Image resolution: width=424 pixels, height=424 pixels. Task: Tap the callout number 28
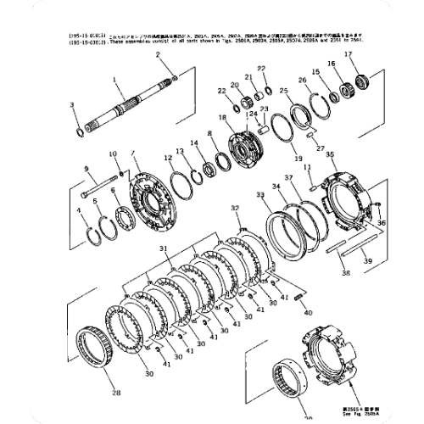point(115,393)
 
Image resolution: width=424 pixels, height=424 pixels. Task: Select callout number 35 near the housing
point(330,155)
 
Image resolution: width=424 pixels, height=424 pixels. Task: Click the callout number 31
point(164,246)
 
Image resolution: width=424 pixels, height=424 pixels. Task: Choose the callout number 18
point(223,118)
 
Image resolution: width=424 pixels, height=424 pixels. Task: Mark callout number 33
point(259,195)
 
